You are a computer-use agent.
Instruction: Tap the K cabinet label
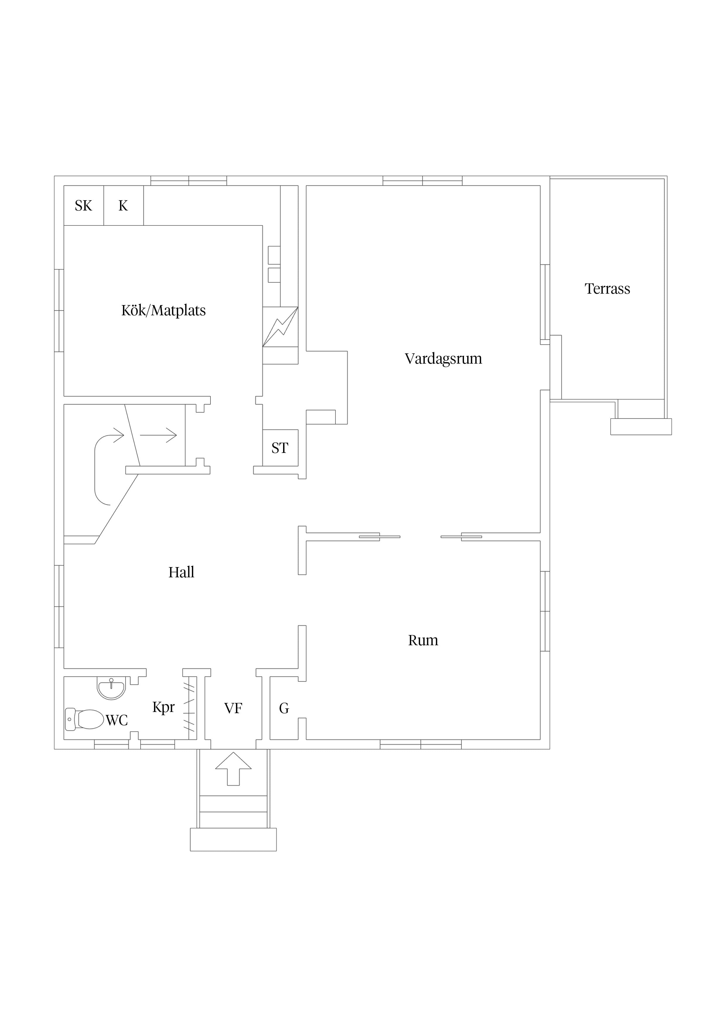(x=123, y=206)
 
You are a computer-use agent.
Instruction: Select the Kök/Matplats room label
(x=163, y=310)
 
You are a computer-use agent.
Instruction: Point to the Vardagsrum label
(x=443, y=359)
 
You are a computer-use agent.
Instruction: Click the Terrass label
(x=607, y=289)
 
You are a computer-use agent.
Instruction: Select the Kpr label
(x=163, y=708)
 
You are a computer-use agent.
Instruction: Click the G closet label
(x=284, y=708)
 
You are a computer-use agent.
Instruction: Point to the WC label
(x=117, y=720)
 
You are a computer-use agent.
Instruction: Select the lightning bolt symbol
(x=280, y=327)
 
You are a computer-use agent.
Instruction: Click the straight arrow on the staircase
(x=158, y=435)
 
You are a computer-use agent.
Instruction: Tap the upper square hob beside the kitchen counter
(x=274, y=255)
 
